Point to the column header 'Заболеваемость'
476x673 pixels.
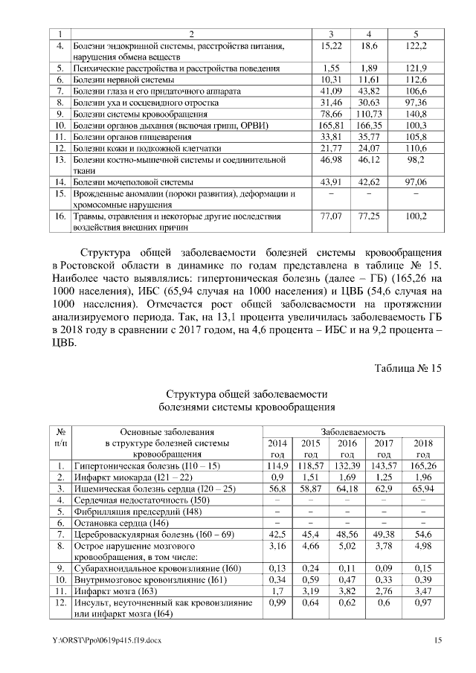353,431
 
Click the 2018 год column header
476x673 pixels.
422,448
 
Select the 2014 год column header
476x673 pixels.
277,448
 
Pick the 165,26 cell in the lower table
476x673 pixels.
422,466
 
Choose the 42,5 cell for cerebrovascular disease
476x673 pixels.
277,535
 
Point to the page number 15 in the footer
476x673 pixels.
437,640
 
